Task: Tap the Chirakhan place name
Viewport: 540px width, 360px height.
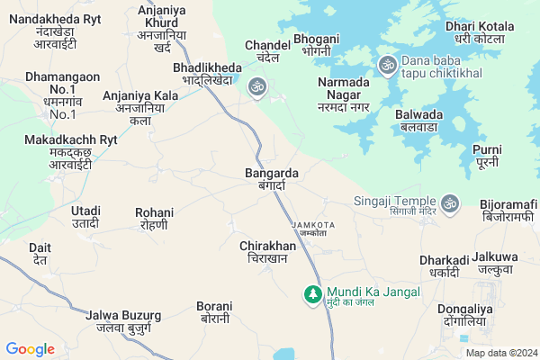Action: pyautogui.click(x=267, y=251)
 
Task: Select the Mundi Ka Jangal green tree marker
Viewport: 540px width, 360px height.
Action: pyautogui.click(x=313, y=294)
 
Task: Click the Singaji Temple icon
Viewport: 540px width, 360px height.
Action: pyautogui.click(x=450, y=202)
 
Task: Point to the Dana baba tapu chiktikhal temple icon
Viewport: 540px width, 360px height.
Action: pyautogui.click(x=388, y=64)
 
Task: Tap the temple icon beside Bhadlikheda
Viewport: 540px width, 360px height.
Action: pyautogui.click(x=257, y=86)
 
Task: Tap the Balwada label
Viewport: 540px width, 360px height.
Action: pyautogui.click(x=418, y=121)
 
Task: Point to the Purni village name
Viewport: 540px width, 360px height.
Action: pyautogui.click(x=486, y=155)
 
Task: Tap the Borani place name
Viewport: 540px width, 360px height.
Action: pyautogui.click(x=214, y=312)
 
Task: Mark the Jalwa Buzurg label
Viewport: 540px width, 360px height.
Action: pyautogui.click(x=123, y=321)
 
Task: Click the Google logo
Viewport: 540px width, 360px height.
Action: pyautogui.click(x=30, y=349)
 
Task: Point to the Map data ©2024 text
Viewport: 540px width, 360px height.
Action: pyautogui.click(x=500, y=353)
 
